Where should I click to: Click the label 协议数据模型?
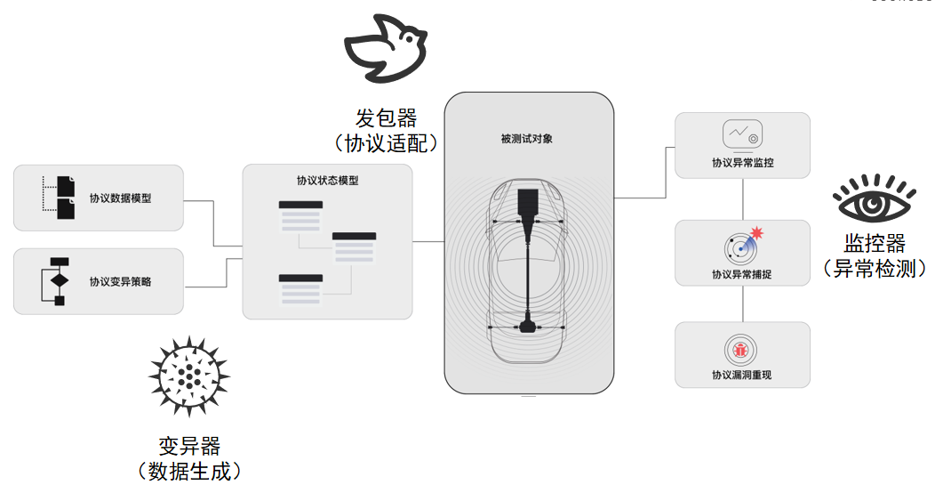(x=120, y=198)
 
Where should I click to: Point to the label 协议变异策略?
(x=120, y=282)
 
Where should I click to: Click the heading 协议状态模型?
(x=327, y=181)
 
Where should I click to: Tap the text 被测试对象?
(x=527, y=140)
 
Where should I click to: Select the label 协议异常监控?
(x=742, y=164)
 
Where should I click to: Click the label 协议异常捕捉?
(x=742, y=274)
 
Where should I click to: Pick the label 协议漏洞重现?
(x=742, y=376)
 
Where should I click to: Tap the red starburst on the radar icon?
(x=756, y=233)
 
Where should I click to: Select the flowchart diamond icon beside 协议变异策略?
(x=59, y=281)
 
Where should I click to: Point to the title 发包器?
(x=387, y=118)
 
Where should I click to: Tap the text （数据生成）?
(x=188, y=471)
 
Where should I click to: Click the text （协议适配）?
(x=387, y=142)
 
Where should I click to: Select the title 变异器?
(x=188, y=446)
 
